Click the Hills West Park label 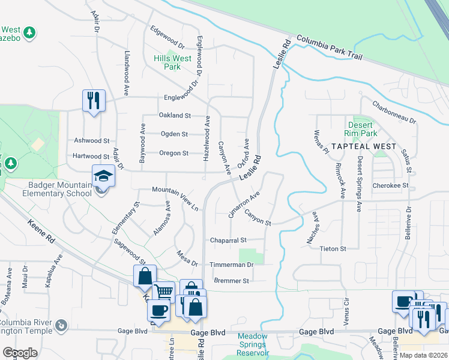click(172, 62)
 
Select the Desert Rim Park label click(361, 129)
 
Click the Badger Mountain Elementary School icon click(103, 176)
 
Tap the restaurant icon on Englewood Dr click(94, 100)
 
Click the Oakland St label click(175, 115)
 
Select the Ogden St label click(175, 134)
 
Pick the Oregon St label click(173, 153)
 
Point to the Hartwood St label click(91, 156)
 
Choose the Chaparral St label click(229, 240)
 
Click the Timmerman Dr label click(232, 264)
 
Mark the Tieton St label click(333, 248)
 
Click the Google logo click(20, 353)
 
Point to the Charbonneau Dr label click(394, 112)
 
